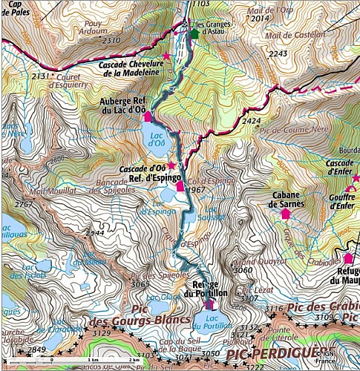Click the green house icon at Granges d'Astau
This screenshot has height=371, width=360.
[x=194, y=33]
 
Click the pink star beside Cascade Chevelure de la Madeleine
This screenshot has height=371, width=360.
[x=166, y=56]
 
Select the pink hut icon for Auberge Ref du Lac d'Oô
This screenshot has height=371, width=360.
[x=147, y=116]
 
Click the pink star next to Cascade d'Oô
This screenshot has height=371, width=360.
[x=171, y=165]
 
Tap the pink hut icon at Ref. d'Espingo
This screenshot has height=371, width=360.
[x=180, y=186]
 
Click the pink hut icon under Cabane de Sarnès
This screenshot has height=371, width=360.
[x=285, y=214]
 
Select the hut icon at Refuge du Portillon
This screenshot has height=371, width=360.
[x=208, y=303]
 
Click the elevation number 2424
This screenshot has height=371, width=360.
[x=252, y=120]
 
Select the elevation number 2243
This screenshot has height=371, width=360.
[x=278, y=53]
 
